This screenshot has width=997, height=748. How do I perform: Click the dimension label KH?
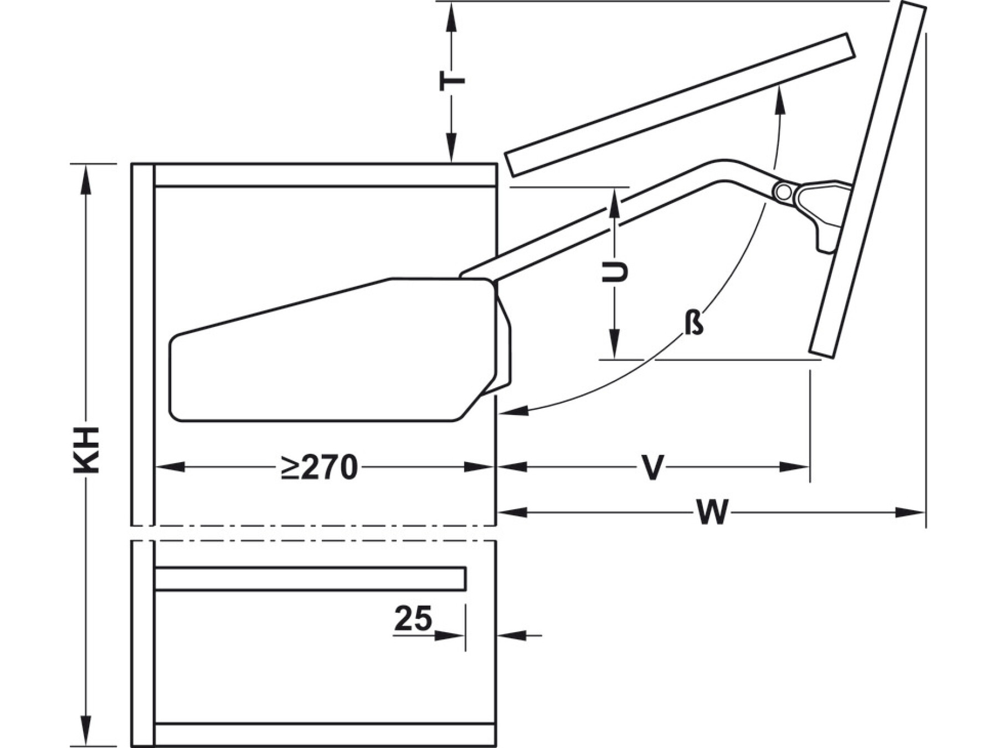(86, 450)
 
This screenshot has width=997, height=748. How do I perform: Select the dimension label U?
(615, 272)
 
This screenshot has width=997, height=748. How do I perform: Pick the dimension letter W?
(712, 513)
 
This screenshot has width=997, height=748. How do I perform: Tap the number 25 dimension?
(413, 618)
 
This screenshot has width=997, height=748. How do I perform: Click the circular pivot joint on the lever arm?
(783, 192)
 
